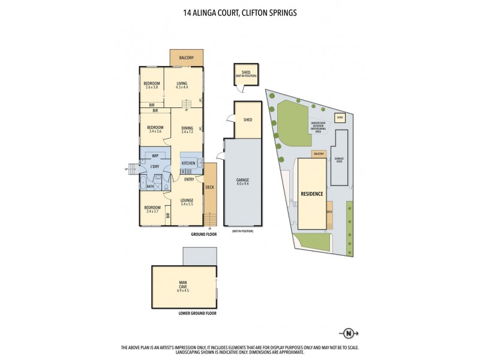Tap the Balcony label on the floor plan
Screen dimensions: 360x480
click(x=186, y=58)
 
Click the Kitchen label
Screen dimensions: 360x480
click(x=188, y=163)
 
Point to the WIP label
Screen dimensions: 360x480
click(x=155, y=155)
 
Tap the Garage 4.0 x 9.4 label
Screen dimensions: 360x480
click(x=242, y=181)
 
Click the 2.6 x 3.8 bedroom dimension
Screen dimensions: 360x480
click(x=151, y=87)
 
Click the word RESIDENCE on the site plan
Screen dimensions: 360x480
click(x=312, y=194)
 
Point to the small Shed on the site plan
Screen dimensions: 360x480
click(x=340, y=118)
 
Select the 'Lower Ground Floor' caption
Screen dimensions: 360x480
click(x=197, y=313)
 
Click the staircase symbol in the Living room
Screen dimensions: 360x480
click(x=187, y=105)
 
